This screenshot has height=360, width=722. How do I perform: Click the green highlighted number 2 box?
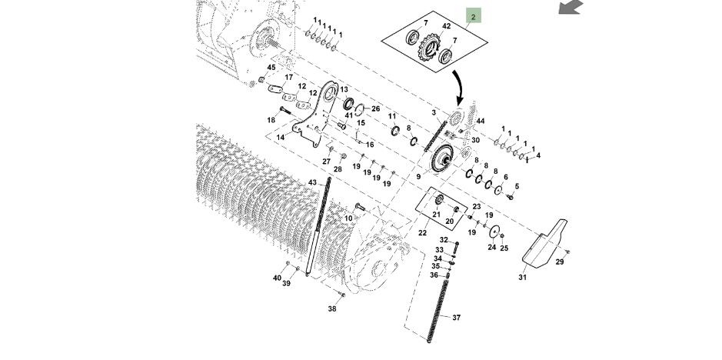pos(474,16)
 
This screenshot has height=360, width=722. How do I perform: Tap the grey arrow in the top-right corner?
pos(571,7)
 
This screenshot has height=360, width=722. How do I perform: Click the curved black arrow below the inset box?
pos(460,88)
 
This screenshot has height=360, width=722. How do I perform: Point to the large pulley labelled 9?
pos(442,158)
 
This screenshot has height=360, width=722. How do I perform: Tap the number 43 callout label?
pos(312,182)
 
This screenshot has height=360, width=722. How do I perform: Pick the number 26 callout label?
pos(376,108)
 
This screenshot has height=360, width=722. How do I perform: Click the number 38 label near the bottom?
pos(332,308)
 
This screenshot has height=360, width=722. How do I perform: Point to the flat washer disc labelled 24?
pos(494,232)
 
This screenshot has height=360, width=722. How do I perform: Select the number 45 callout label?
pos(271,67)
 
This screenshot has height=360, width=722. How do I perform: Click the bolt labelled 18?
pos(285,111)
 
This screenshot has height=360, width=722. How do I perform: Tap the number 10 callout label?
pos(348,218)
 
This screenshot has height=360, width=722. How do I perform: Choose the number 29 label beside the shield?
pos(560,262)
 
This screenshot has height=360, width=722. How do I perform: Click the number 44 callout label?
pos(481,121)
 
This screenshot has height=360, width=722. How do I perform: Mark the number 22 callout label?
pos(422,233)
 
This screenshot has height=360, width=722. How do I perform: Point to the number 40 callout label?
pos(277,278)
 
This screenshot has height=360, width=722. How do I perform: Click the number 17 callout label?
pos(288,77)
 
